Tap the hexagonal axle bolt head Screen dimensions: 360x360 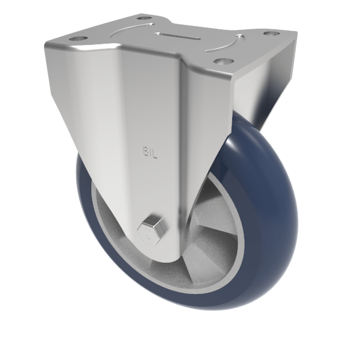pyautogui.click(x=148, y=232)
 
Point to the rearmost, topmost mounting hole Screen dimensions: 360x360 pyautogui.click(x=143, y=18)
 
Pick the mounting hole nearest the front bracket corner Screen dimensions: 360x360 pyautogui.click(x=223, y=61)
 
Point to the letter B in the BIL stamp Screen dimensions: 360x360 pyautogui.click(x=145, y=152)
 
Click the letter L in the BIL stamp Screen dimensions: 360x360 pyautogui.click(x=155, y=152)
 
